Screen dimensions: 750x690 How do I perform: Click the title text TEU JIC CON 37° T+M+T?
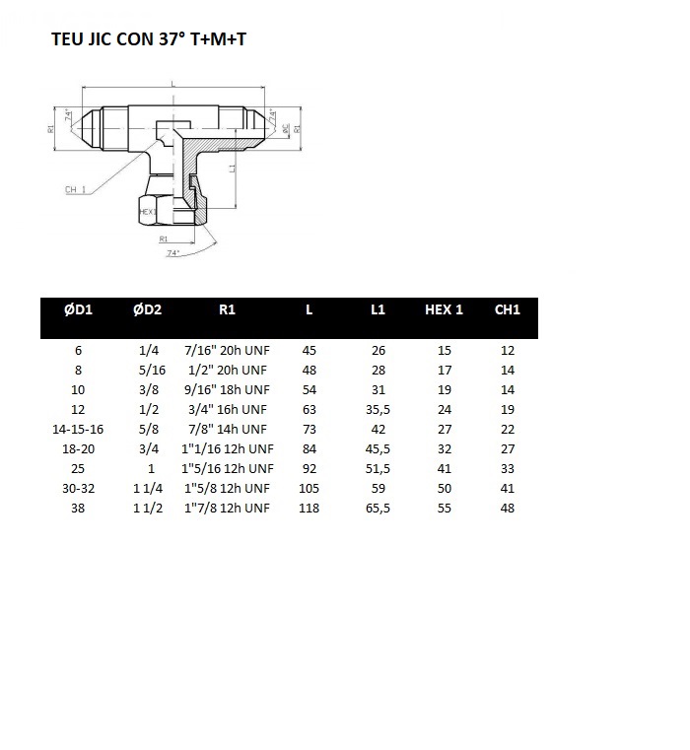coord(155,41)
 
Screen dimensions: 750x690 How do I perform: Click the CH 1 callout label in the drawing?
coord(75,189)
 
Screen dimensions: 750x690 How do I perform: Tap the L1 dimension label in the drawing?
coord(232,169)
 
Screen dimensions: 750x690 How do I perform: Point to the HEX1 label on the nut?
coord(149,211)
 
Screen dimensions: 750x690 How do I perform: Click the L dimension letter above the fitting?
coord(173,86)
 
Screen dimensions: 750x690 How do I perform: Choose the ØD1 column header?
coord(78,309)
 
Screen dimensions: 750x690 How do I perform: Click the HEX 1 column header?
coord(444,309)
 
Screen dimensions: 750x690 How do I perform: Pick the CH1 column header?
coord(507,309)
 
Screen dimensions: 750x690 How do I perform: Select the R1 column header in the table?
coord(227,309)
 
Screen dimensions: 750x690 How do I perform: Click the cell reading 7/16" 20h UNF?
coord(227,351)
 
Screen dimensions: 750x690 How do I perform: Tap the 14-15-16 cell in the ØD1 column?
coord(78,430)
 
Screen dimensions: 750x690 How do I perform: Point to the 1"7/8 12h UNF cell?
coord(227,509)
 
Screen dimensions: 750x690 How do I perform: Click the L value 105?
coord(309,489)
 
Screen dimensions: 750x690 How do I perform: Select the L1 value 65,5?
coord(378,509)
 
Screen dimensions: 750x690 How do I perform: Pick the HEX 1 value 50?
coord(445,489)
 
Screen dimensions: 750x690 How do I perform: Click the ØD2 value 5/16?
coord(151,371)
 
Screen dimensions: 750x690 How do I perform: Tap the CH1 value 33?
coord(508,469)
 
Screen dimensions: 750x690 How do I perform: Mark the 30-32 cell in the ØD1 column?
coord(78,489)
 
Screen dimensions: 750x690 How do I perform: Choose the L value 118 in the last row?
coord(309,509)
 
